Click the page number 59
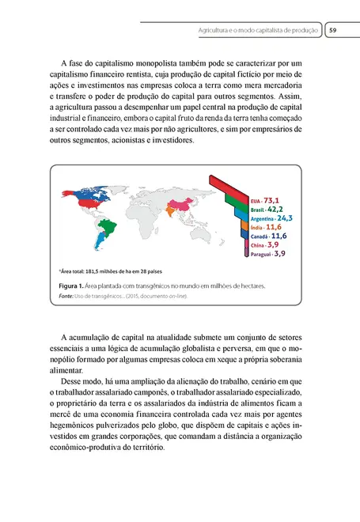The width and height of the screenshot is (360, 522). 333,31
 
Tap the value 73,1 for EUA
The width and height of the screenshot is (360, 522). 276,201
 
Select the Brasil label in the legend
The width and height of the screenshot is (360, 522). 256,210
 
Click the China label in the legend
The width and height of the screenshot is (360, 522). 256,245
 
